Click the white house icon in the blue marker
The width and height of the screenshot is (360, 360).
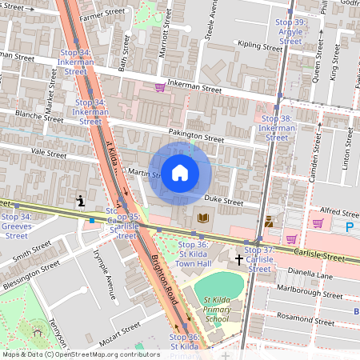tap(180, 172)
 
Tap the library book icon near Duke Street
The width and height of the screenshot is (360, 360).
tap(202, 218)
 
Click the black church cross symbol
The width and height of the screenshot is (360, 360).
tap(238, 260)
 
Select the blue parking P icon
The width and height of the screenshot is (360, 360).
tap(349, 227)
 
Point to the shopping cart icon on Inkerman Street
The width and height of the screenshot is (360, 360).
tap(160, 86)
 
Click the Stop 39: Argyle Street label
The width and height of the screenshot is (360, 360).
tap(290, 31)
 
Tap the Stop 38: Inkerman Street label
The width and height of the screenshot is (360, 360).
tap(277, 127)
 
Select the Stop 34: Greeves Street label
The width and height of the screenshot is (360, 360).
tap(16, 226)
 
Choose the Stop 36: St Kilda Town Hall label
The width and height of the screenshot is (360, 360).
tap(192, 254)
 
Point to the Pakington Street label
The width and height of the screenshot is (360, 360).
tap(194, 134)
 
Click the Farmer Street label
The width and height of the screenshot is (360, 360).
tap(103, 14)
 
